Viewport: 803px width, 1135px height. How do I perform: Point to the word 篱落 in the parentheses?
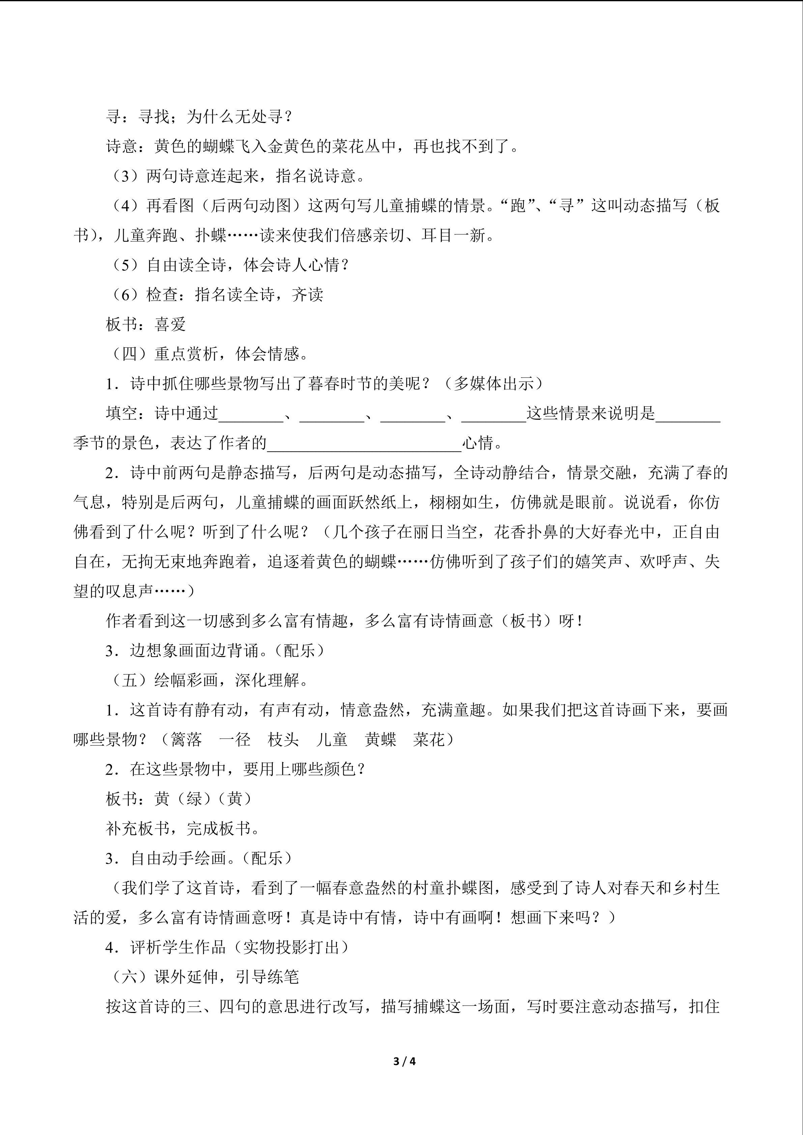187,740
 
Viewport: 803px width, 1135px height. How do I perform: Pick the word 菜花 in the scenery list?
429,740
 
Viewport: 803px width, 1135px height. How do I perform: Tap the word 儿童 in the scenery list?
332,740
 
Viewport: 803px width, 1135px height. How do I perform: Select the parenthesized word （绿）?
194,799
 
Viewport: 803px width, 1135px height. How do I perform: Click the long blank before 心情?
364,444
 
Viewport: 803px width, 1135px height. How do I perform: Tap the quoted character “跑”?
518,206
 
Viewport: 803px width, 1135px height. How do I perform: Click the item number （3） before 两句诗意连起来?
127,176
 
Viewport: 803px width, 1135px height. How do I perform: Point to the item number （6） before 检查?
127,295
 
